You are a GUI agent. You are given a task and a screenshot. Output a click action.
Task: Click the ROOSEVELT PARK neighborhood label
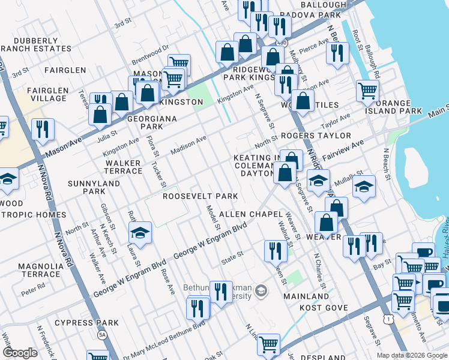pos(200,196)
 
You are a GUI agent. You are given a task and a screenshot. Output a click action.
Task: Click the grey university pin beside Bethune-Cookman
pos(261,292)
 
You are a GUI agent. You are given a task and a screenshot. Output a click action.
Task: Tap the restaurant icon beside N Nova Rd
pos(43,129)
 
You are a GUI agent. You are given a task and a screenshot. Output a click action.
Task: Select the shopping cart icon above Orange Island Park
pos(367,91)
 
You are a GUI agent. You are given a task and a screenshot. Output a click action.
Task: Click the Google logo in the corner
pos(20,353)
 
